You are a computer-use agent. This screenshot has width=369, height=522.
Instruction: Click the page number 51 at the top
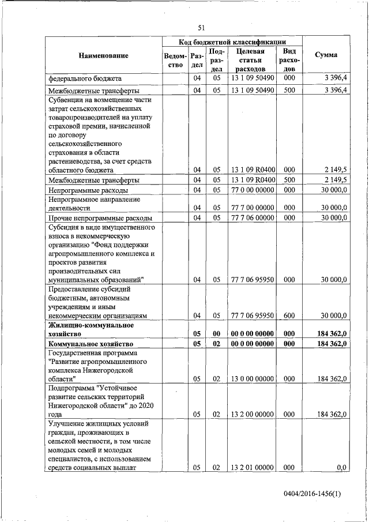click(201, 27)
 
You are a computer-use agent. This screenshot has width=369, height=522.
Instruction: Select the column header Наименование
click(104, 55)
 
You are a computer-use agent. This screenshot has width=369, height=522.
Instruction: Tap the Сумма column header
click(326, 55)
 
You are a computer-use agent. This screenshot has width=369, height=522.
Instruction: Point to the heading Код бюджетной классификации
click(232, 42)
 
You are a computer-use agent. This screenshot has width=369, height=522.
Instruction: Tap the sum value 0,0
click(341, 468)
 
